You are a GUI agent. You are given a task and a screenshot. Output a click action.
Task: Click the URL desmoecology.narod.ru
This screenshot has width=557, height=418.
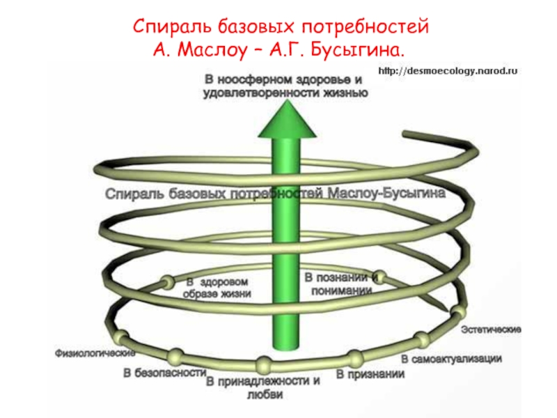click(448, 71)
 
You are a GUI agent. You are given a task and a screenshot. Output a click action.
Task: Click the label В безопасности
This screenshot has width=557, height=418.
click(164, 372)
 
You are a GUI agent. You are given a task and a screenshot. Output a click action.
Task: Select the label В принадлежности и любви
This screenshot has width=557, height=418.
click(264, 388)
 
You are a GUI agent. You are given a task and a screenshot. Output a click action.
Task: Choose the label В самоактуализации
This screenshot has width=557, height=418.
click(451, 359)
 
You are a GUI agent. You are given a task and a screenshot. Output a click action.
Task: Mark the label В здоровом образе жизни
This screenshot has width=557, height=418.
click(217, 288)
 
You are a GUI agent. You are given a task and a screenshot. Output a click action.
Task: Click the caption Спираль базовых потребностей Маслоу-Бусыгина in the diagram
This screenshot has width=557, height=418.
click(275, 194)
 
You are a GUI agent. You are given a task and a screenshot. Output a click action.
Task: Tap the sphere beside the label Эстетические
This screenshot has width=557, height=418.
click(456, 311)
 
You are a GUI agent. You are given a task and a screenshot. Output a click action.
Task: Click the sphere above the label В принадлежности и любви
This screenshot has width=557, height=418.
click(264, 364)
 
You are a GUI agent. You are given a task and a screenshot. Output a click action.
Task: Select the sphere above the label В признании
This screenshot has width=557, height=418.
click(356, 359)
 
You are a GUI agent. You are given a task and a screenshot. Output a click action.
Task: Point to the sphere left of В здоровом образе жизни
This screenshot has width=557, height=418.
click(167, 283)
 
